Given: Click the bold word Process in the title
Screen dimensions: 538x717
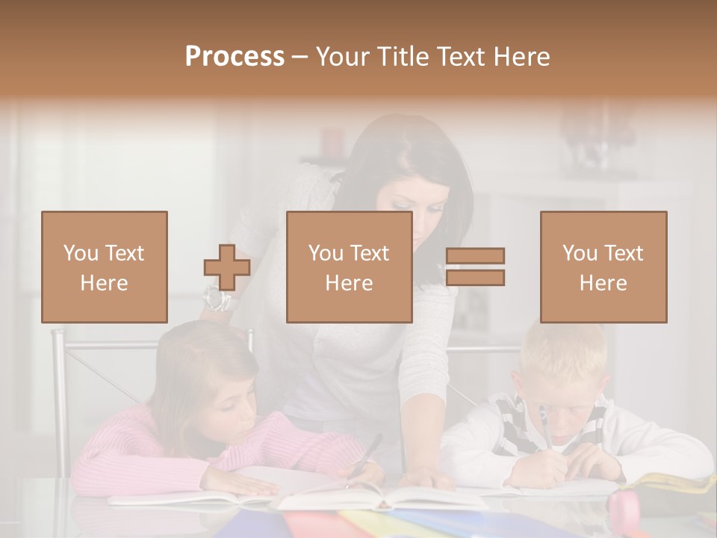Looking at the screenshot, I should coord(235,57).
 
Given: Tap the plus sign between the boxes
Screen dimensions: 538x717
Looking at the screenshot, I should coord(227,268).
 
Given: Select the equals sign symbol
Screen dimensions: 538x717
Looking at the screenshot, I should coord(475,267).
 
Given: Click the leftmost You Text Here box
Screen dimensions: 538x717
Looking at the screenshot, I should coord(105,267).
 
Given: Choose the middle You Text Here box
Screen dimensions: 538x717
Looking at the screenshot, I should coord(350,267).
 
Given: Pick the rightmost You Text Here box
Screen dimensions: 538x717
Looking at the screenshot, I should coord(603,267).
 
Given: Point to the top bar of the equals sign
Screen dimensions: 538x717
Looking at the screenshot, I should coord(475,256).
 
